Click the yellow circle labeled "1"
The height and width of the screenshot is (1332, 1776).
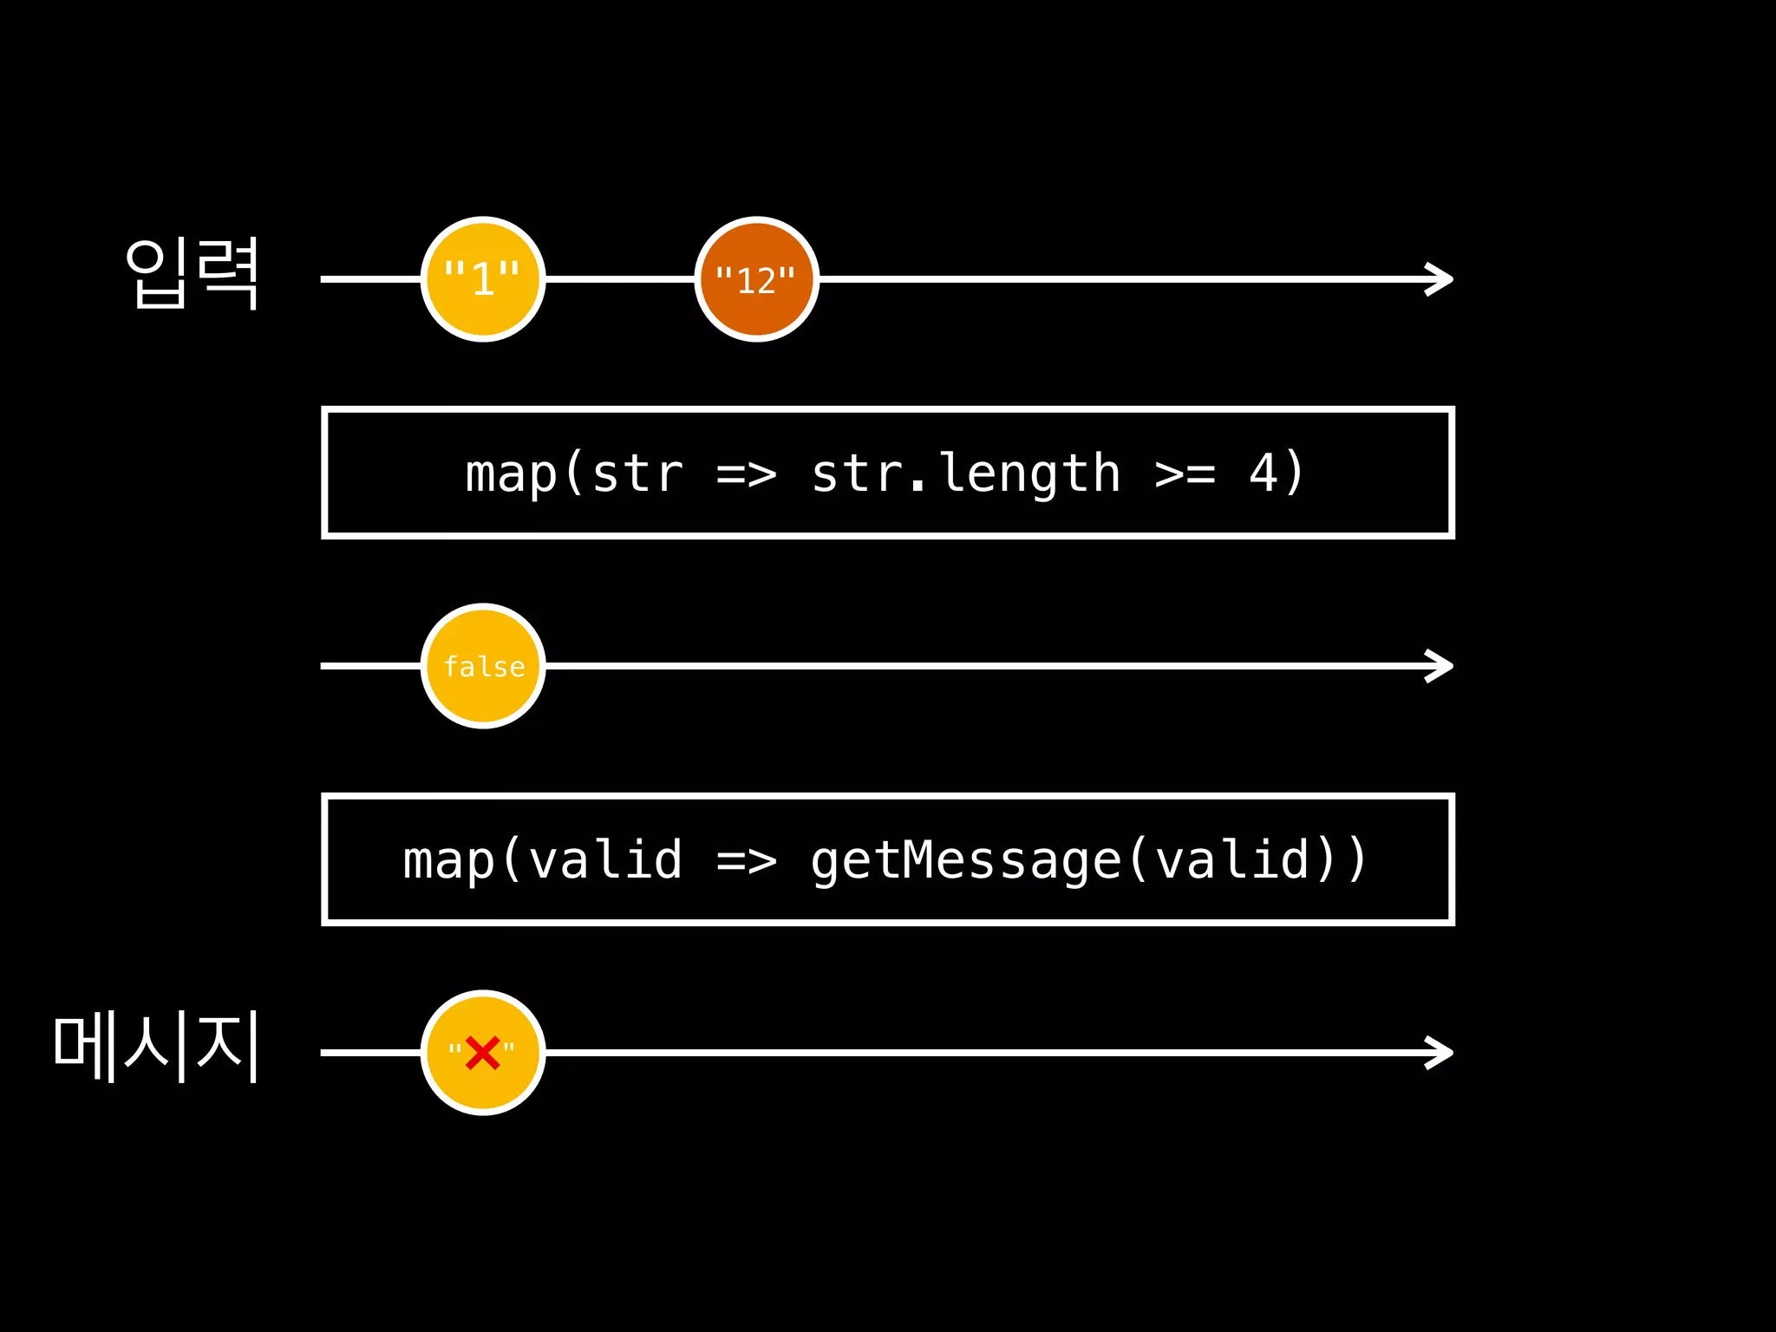click(x=483, y=279)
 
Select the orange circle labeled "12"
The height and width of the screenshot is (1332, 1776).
click(x=756, y=279)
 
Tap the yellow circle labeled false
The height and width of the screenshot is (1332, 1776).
click(x=483, y=666)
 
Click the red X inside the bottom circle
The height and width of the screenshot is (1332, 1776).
click(x=482, y=1053)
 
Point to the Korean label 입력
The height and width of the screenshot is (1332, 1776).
click(x=193, y=274)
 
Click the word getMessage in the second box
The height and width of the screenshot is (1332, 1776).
click(x=966, y=860)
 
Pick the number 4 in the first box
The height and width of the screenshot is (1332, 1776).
click(x=1263, y=473)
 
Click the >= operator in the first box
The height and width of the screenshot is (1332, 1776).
click(x=1185, y=474)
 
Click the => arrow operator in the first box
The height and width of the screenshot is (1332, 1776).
click(x=746, y=474)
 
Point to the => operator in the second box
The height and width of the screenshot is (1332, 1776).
click(x=746, y=861)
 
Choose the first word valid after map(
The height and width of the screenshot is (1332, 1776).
click(x=604, y=860)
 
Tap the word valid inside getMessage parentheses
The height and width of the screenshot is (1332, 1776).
click(x=1231, y=860)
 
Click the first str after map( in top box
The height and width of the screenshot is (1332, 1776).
click(x=637, y=474)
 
